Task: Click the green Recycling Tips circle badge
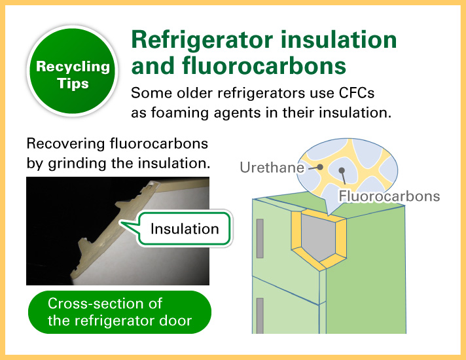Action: [73, 71]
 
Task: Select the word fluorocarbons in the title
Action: [264, 65]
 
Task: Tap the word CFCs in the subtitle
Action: [356, 93]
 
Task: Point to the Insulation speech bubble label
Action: [185, 228]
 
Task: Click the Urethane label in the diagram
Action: [272, 168]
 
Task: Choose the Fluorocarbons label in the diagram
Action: [389, 196]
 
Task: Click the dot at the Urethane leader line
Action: [320, 167]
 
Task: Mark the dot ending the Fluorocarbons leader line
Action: [342, 171]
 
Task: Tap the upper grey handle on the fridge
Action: [260, 238]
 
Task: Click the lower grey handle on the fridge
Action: [260, 315]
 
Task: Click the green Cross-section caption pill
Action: [120, 312]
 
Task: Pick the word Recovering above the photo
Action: [65, 144]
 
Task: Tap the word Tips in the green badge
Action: [73, 84]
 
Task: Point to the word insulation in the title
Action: [339, 39]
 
